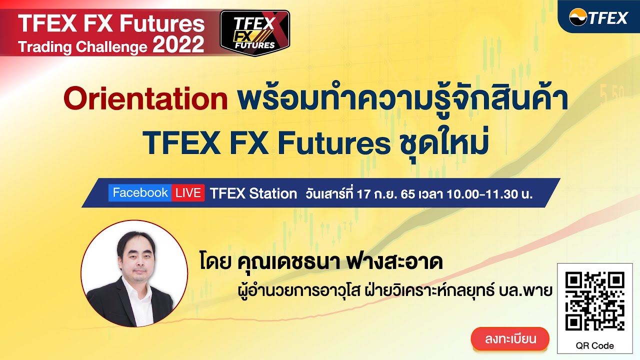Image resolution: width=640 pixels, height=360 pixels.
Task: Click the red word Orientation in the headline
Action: coord(145,99)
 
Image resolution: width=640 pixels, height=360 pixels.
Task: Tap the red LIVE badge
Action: coord(188,193)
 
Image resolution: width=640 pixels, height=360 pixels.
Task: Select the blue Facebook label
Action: coord(140,193)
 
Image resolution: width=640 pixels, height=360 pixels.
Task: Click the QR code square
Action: coord(594,301)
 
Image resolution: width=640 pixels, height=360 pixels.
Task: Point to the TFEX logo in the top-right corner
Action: coord(598,18)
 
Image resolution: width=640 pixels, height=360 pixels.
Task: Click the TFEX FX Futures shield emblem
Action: coord(255,32)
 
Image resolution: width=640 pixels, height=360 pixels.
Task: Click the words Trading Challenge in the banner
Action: coord(83,47)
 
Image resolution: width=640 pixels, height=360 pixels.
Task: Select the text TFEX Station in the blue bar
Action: coord(253,194)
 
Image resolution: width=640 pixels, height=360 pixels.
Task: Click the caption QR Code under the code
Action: coord(594,345)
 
